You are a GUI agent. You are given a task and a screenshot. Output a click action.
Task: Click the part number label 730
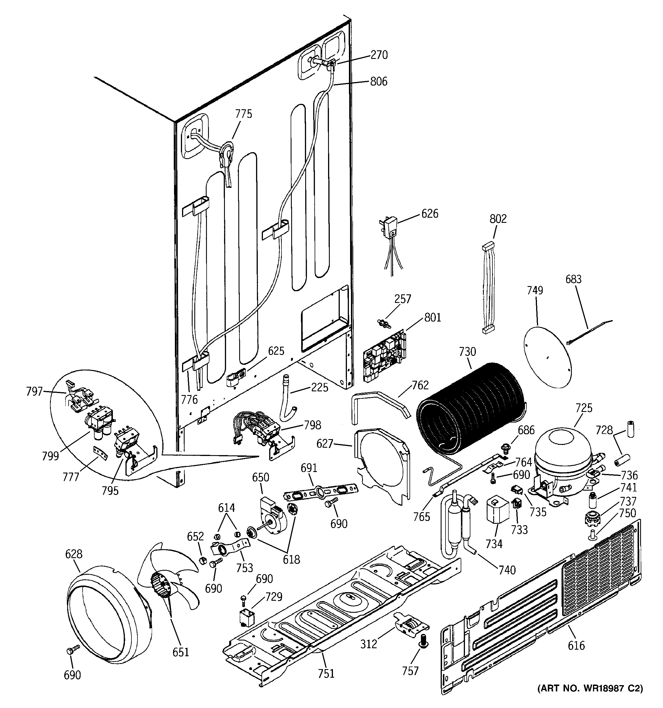467,352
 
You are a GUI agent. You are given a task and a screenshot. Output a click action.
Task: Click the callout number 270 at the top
379,55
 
